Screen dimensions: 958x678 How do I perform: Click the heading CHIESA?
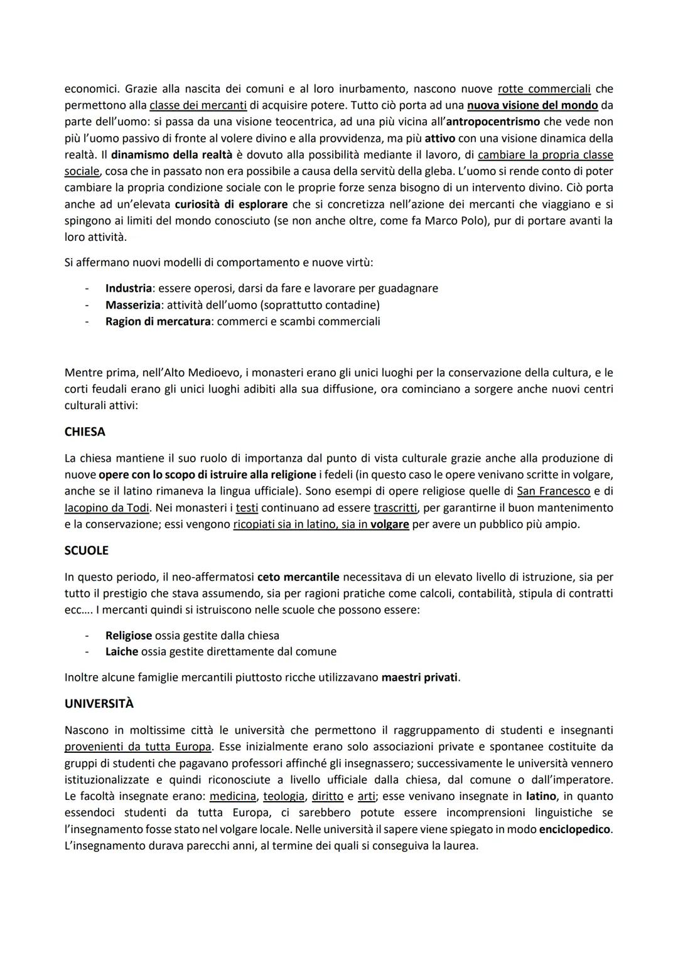pos(85,432)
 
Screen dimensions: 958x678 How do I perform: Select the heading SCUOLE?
pos(86,551)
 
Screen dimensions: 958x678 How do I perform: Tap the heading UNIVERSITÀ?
pos(99,704)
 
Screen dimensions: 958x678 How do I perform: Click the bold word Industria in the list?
pos(128,288)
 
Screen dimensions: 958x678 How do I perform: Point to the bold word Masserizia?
pos(131,305)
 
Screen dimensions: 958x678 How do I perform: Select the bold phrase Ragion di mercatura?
pos(158,321)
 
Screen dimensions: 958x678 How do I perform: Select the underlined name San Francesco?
pos(553,491)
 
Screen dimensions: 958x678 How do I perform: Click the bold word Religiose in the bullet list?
pos(128,636)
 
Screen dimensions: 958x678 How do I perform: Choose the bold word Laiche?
pos(121,652)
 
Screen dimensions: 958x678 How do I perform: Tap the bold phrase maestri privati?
pos(419,678)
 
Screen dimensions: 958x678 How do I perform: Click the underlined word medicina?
pos(233,796)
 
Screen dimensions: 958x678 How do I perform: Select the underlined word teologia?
pos(284,796)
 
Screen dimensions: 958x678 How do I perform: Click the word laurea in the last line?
pos(460,846)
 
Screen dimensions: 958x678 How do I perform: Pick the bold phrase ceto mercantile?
pos(298,577)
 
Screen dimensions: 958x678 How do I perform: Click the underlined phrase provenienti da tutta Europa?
pos(137,747)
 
